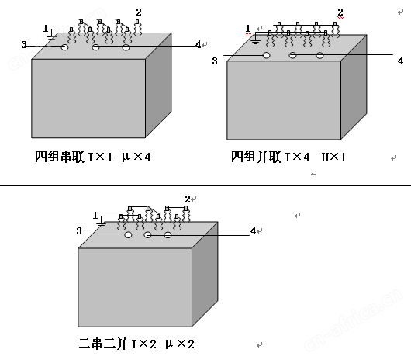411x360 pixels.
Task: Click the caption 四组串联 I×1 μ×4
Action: [93, 157]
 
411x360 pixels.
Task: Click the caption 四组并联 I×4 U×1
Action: [288, 157]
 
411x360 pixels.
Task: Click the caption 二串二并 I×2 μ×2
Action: [136, 344]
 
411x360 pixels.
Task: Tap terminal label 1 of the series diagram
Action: [46, 28]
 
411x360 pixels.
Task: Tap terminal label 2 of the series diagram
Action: [139, 12]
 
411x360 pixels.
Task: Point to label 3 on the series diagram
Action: [24, 45]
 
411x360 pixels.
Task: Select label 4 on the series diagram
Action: [199, 44]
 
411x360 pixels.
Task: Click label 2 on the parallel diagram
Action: [340, 12]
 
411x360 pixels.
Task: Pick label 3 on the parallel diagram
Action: [215, 61]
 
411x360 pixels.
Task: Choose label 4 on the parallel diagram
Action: [400, 61]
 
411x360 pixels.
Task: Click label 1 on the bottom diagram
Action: [95, 216]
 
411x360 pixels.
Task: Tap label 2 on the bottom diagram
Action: [188, 199]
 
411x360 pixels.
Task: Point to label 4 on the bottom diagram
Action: [253, 230]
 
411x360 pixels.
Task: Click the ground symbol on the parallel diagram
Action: [255, 42]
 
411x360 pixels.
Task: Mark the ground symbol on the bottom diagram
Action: [101, 225]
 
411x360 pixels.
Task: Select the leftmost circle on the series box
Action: [64, 47]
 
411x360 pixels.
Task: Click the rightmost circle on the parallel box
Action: [319, 55]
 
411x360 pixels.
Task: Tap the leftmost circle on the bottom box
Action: [128, 234]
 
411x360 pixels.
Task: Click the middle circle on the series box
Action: [95, 47]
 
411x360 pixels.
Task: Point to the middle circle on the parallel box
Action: [292, 55]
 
